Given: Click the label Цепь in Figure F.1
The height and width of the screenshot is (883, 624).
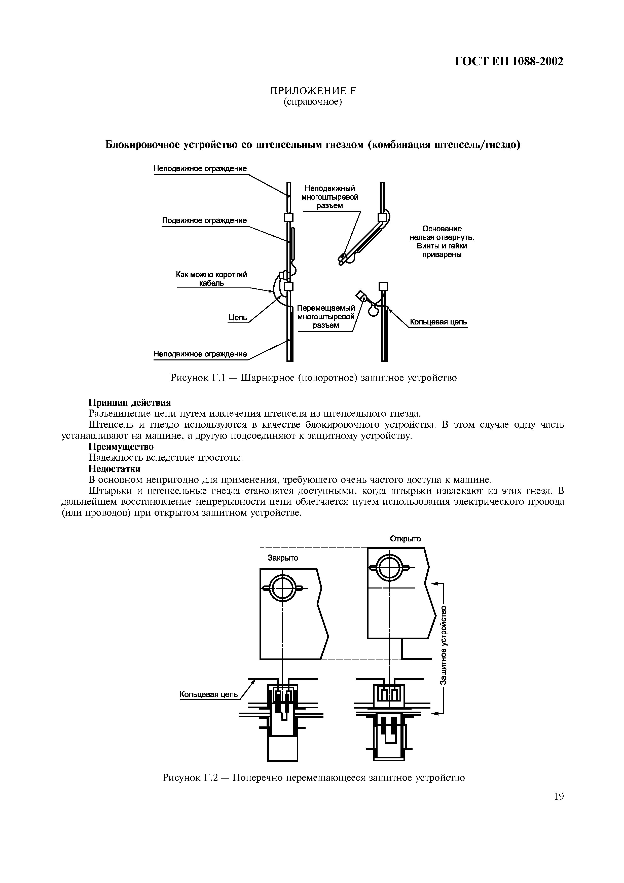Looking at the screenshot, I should click(x=238, y=318).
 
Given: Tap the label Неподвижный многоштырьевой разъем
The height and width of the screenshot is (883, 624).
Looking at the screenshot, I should click(x=329, y=197).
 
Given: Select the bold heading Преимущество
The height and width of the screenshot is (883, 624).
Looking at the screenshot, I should click(x=121, y=447).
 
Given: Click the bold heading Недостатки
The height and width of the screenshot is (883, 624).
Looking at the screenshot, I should click(x=115, y=469).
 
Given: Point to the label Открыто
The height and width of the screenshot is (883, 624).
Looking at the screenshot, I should click(x=405, y=539).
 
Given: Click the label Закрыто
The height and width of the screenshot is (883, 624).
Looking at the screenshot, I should click(x=283, y=558).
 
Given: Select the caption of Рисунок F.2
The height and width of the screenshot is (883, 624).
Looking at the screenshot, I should click(x=314, y=778).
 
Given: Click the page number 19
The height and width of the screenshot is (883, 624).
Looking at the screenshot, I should click(x=559, y=796).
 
